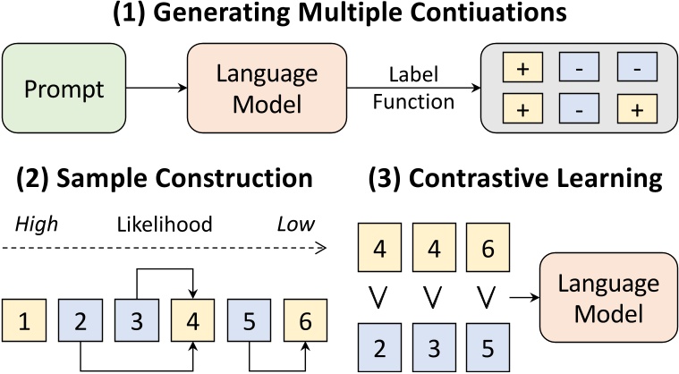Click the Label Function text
[415, 89]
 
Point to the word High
[36, 225]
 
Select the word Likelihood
[164, 225]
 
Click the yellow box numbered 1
[23, 319]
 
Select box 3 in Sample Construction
[136, 319]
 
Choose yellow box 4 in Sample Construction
[193, 319]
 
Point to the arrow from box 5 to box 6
[277, 366]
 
